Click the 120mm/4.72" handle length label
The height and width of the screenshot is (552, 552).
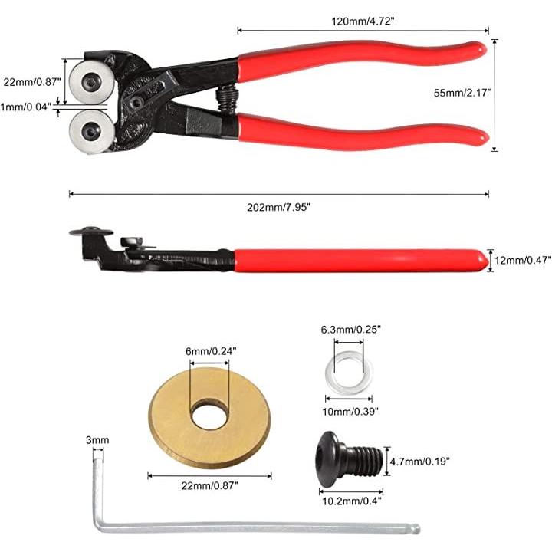pos(362,21)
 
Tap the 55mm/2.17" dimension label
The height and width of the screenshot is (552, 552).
pos(462,93)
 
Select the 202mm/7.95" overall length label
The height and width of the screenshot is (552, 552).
pos(278,207)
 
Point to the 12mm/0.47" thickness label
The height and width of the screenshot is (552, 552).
pos(523,260)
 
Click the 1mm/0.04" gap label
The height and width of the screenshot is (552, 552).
pos(26,107)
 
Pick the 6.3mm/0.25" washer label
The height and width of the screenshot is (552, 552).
pos(350,330)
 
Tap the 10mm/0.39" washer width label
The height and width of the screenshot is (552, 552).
pos(350,411)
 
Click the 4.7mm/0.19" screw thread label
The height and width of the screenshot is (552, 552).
pos(419,461)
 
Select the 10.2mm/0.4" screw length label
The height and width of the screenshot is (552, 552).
pos(352,501)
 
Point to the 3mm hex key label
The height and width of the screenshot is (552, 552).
pos(97,440)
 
